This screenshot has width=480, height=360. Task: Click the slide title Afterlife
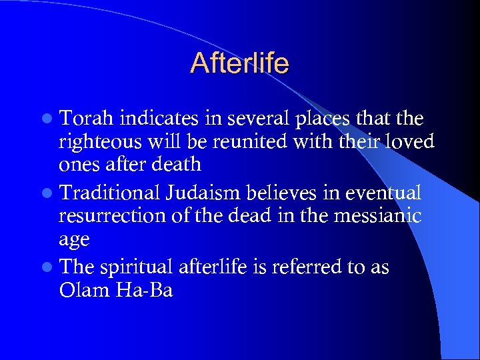click(239, 63)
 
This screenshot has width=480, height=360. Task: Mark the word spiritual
click(139, 267)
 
